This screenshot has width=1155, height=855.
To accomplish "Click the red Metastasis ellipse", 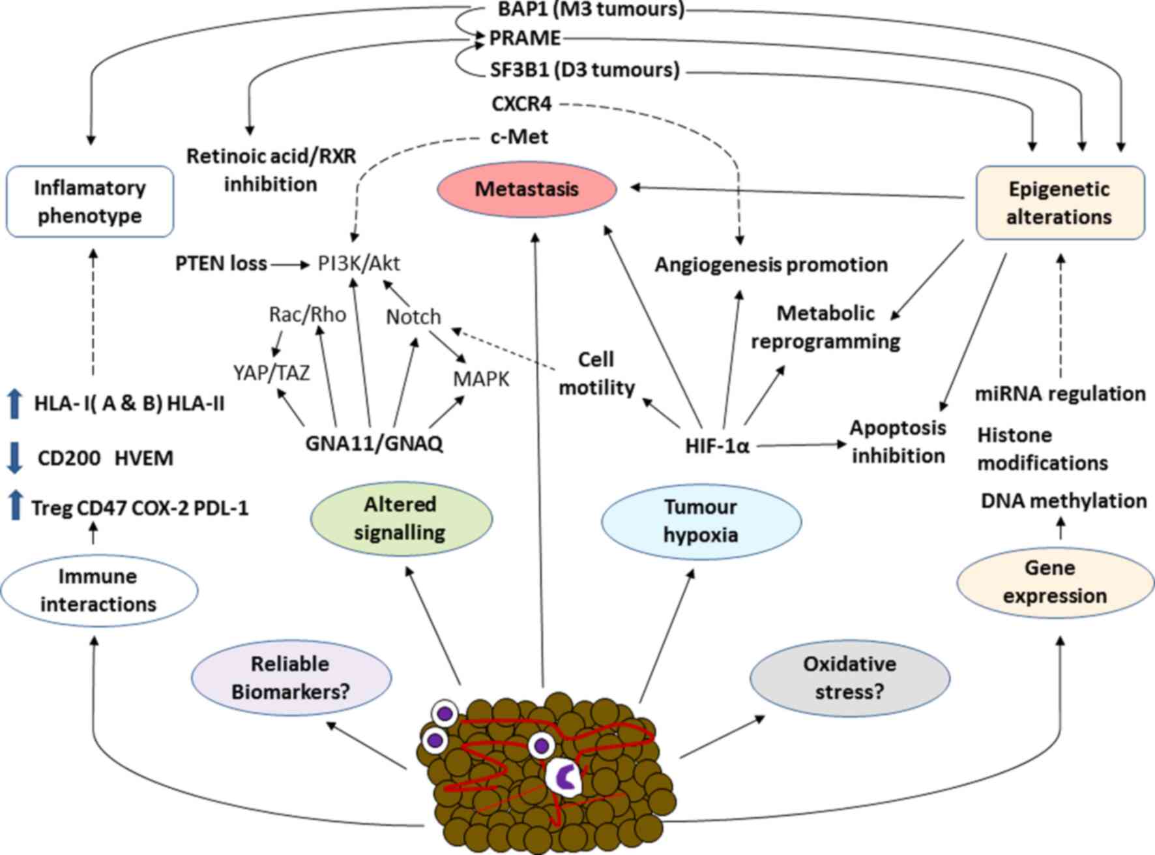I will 527,189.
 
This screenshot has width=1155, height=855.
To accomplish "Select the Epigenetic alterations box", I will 1060,203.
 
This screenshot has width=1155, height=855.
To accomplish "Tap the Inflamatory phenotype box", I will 90,202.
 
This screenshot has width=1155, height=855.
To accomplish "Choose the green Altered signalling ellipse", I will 400,518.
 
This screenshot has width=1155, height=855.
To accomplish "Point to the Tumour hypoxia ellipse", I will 701,521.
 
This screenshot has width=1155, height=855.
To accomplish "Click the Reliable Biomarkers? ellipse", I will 291,678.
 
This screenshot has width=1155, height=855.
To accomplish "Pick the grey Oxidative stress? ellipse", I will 850,678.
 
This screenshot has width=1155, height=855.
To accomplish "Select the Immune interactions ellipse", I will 98,590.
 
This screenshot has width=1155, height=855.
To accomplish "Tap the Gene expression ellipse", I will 1055,582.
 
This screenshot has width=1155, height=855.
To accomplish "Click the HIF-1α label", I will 717,446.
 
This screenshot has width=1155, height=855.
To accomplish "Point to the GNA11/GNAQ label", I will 374,443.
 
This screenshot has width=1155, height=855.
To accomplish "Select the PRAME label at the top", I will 525,38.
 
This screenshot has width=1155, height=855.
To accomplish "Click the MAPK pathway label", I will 481,379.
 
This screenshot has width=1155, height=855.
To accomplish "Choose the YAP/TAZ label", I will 271,373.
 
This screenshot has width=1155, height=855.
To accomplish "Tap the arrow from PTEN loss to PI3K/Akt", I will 290,264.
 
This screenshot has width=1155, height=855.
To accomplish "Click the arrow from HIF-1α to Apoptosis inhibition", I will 801,445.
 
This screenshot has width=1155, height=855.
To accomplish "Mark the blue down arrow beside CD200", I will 14,458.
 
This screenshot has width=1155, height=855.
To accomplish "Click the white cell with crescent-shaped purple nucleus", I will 564,777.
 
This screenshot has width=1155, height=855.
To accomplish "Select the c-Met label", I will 519,137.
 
